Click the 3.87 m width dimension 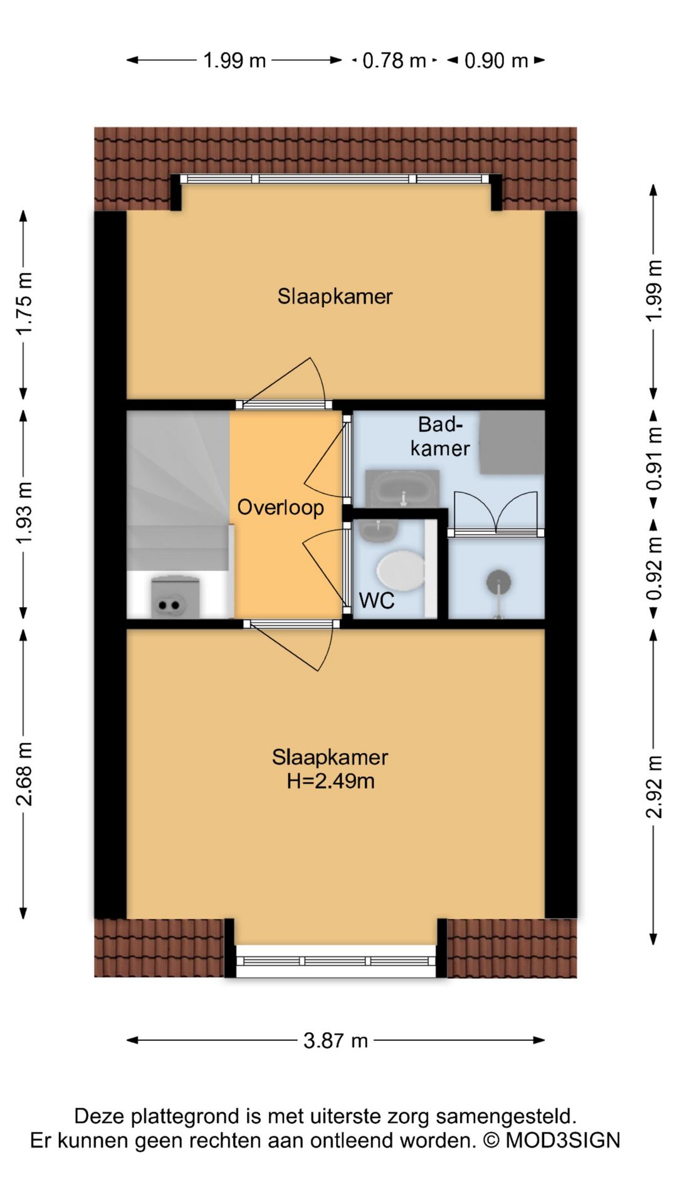335,1040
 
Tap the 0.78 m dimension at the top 394,61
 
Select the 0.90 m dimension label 496,61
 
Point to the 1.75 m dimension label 24,304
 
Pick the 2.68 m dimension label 24,773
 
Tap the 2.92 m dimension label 654,787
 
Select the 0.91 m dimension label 654,459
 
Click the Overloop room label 280,507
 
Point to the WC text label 376,601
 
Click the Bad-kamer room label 440,436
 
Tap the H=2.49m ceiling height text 330,781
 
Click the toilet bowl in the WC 400,571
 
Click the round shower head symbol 498,583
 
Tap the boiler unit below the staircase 176,598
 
